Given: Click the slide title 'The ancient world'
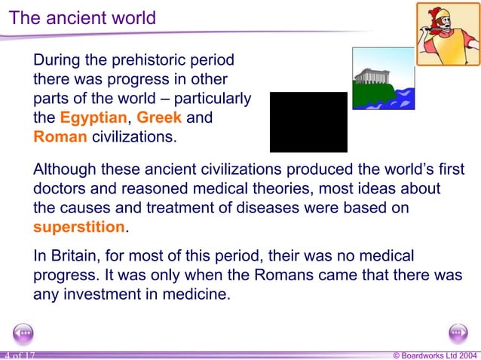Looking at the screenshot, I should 82,17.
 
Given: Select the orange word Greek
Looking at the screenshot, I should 159,118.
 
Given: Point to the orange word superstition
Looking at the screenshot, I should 78,227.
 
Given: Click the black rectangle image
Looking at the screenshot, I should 308,122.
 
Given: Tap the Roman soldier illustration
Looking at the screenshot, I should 448,34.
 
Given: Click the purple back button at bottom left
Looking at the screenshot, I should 23,332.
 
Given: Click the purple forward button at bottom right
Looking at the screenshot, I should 458,332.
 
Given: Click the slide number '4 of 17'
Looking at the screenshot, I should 19,355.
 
